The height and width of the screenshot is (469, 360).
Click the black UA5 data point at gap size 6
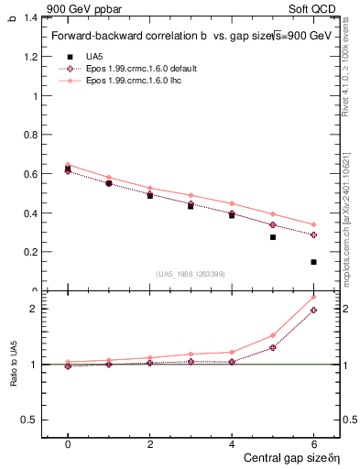coord(313,262)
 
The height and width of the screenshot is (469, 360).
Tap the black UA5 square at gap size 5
coord(273,237)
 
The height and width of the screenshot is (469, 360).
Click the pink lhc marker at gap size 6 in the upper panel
coord(313,224)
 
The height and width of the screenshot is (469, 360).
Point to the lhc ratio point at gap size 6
coord(313,297)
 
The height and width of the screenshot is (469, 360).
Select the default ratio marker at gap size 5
coord(273,347)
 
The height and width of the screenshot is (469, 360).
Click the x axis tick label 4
coord(232,444)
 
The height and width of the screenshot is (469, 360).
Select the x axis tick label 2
coord(150,444)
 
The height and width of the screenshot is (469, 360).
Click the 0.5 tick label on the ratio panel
coord(28,420)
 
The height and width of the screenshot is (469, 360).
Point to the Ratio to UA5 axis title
coord(12,364)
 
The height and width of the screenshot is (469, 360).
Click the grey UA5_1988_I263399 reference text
coord(191,274)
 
